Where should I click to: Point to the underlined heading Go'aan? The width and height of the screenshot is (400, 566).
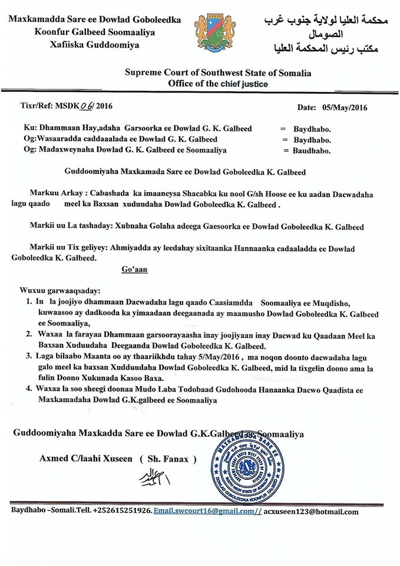[134, 269]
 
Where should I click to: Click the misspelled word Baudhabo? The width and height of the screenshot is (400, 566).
[312, 150]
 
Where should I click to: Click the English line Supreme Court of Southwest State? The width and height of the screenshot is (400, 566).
[218, 73]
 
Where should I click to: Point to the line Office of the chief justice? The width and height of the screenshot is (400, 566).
[218, 84]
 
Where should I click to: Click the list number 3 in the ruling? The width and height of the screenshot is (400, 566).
[29, 356]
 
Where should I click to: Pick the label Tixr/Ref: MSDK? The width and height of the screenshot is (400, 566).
[47, 107]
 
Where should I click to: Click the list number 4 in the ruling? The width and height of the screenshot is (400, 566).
[29, 389]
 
